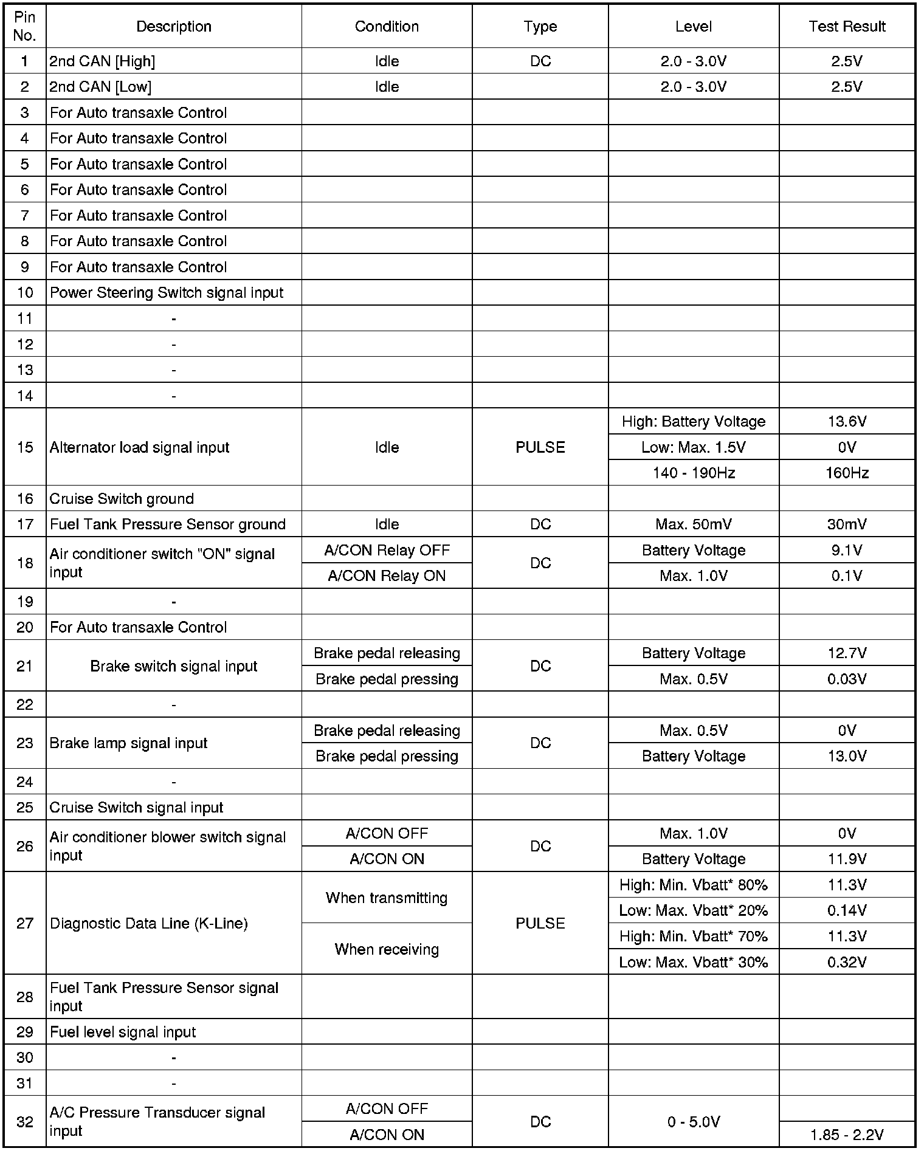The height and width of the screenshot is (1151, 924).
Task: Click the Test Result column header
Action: tap(847, 26)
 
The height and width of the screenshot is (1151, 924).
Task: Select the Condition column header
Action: tap(387, 26)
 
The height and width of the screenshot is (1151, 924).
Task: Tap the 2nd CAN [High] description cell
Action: tap(102, 61)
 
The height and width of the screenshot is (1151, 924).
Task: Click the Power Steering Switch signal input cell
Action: tap(167, 292)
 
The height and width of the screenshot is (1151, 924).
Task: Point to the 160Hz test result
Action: tap(847, 473)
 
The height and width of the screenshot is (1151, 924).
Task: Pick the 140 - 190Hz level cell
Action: tap(694, 473)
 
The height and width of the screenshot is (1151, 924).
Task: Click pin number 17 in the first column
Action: tap(25, 524)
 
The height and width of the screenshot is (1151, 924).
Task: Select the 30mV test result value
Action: tap(847, 524)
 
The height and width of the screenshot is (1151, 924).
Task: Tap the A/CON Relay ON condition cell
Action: tap(387, 575)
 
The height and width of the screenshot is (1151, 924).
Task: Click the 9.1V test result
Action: tap(847, 550)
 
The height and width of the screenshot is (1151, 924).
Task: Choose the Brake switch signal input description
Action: tap(174, 666)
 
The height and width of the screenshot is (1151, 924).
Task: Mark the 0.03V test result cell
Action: tap(847, 679)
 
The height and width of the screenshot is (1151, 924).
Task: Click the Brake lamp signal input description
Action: tap(128, 743)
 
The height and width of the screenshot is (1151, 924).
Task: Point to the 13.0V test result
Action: tap(847, 756)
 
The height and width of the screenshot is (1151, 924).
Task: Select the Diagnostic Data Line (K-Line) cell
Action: tap(149, 924)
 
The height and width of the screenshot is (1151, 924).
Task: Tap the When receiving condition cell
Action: tap(387, 949)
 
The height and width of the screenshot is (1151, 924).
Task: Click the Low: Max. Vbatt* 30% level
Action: tap(694, 962)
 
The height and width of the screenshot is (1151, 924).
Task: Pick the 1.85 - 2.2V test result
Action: tap(847, 1134)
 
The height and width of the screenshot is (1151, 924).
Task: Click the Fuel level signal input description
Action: tap(123, 1032)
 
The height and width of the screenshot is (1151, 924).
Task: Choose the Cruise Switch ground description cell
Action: tap(122, 498)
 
